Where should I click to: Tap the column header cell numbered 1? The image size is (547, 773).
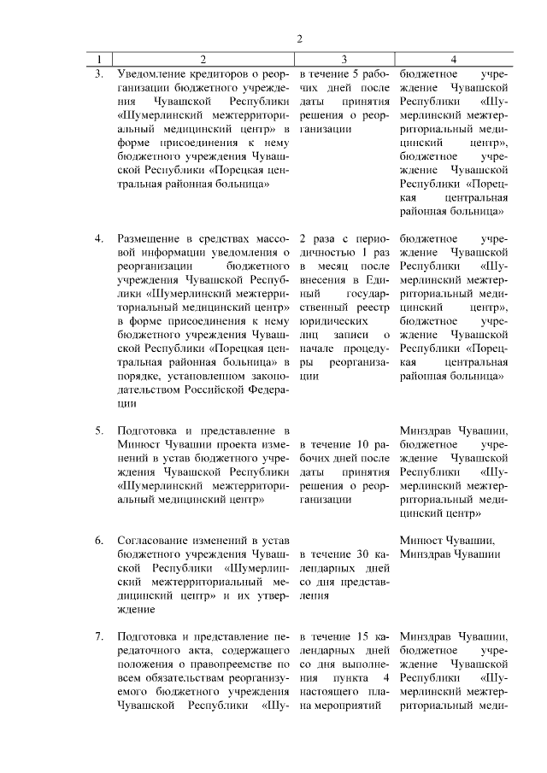point(100,60)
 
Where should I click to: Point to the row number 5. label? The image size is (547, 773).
point(100,430)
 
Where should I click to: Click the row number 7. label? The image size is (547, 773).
point(100,636)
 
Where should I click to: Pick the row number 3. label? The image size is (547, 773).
point(100,73)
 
